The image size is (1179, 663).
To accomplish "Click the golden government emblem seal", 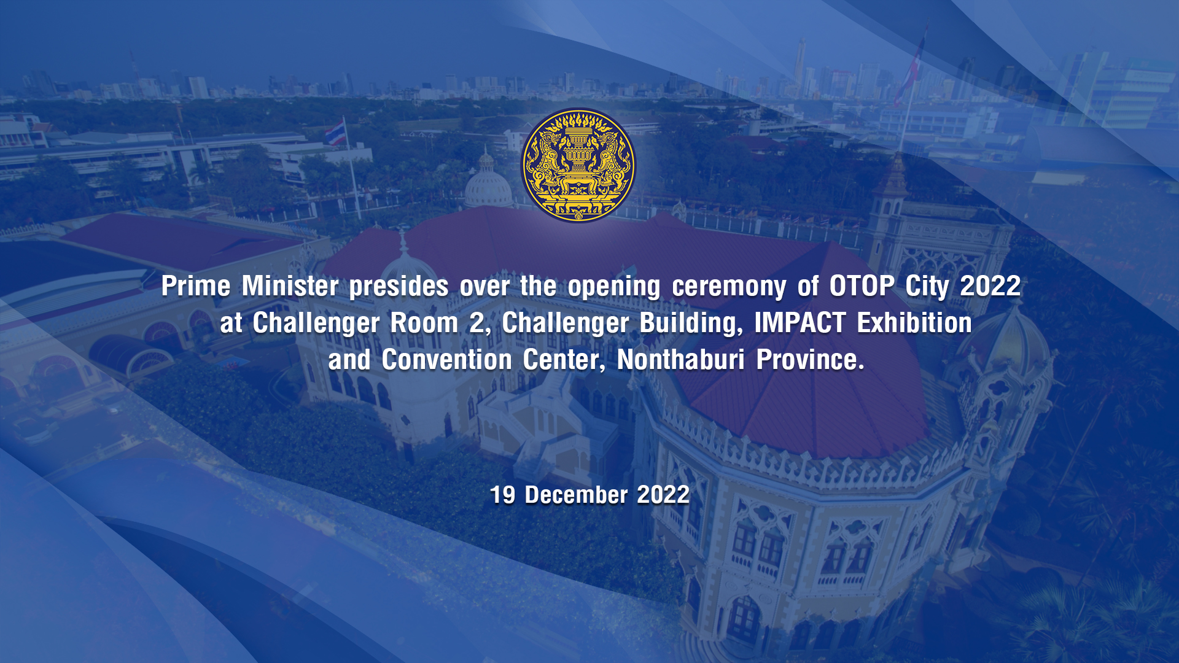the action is (578, 165).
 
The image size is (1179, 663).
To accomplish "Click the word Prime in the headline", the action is (196, 286).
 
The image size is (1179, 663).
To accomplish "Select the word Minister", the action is (290, 286).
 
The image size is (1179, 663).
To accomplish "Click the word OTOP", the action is (862, 286).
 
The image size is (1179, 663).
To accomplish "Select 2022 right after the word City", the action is (990, 286).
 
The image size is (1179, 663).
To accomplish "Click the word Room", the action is (424, 323).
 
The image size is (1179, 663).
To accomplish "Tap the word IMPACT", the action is (800, 323).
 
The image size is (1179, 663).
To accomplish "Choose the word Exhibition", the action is (914, 323).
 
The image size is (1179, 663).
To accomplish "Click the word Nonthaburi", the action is (681, 360).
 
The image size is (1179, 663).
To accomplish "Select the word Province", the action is (810, 360).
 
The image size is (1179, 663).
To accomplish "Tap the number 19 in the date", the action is (502, 495).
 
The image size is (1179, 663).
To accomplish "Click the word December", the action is (576, 495).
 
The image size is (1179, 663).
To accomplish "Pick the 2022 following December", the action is (663, 495).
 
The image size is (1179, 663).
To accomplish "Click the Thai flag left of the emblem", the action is (335, 133).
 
